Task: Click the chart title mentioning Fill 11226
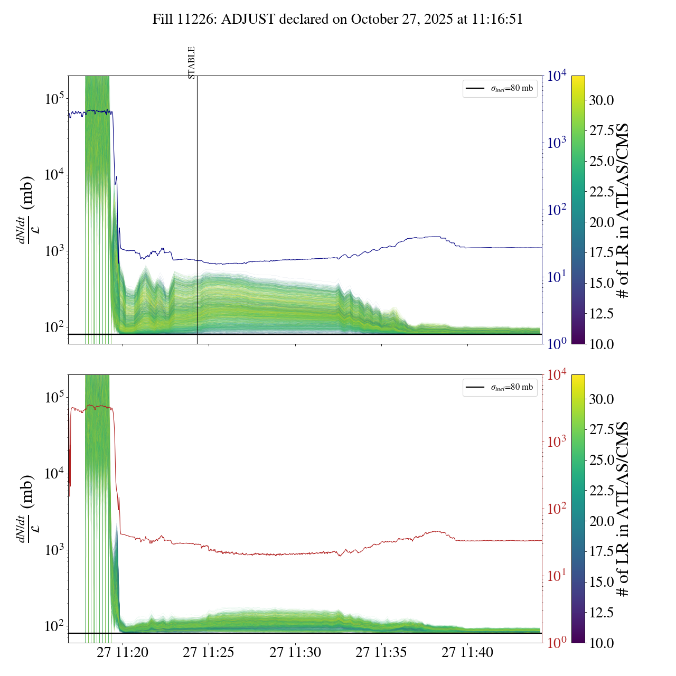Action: point(337,20)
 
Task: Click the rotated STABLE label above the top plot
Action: point(192,63)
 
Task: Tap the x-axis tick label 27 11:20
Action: point(123,653)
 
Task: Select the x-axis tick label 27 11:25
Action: point(209,653)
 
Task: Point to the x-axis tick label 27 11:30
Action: point(295,653)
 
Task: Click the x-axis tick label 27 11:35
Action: point(381,653)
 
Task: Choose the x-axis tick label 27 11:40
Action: point(467,653)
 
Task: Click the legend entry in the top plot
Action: point(500,88)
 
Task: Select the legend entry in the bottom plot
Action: point(500,387)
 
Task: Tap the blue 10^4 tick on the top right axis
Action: point(557,76)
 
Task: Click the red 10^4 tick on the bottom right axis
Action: point(557,375)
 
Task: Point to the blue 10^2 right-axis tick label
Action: point(557,210)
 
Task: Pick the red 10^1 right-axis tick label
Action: point(556,576)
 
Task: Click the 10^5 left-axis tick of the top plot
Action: point(54,99)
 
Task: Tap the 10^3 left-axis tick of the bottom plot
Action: point(54,550)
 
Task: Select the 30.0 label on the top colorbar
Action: point(602,100)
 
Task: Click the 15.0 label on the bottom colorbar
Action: point(602,582)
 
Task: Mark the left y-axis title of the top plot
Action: point(26,210)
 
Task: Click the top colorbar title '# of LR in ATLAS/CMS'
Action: point(624,210)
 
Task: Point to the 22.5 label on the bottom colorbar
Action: point(602,491)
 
